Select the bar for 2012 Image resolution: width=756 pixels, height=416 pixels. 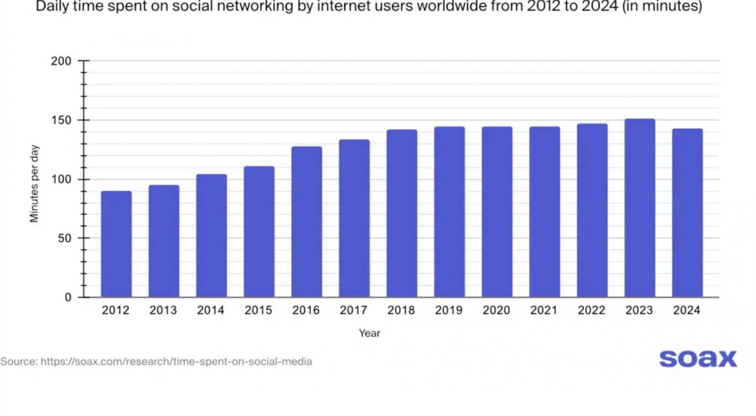click(116, 244)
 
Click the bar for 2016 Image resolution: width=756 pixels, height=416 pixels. click(306, 222)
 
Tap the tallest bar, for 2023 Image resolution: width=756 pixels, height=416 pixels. click(639, 208)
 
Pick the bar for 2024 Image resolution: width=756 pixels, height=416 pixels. click(687, 213)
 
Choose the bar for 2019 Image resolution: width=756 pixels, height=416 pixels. click(449, 211)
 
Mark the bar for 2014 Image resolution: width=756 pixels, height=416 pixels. click(211, 235)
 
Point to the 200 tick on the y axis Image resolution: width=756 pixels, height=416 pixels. click(61, 61)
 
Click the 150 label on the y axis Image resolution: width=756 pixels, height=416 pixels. click(61, 120)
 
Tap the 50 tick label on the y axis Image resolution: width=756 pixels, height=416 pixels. click(65, 238)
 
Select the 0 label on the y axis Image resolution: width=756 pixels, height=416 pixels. click(68, 298)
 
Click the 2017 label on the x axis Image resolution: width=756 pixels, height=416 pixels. click(354, 311)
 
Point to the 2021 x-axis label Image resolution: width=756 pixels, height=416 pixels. click(544, 311)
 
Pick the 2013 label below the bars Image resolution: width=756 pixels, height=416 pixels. click(163, 311)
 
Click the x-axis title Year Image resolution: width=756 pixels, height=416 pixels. click(369, 334)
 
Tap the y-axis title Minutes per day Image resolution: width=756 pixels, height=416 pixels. click(34, 183)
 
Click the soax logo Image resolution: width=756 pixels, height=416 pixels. click(698, 359)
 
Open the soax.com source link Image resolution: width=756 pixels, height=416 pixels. click(176, 362)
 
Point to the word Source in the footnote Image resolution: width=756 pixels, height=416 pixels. click(19, 362)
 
